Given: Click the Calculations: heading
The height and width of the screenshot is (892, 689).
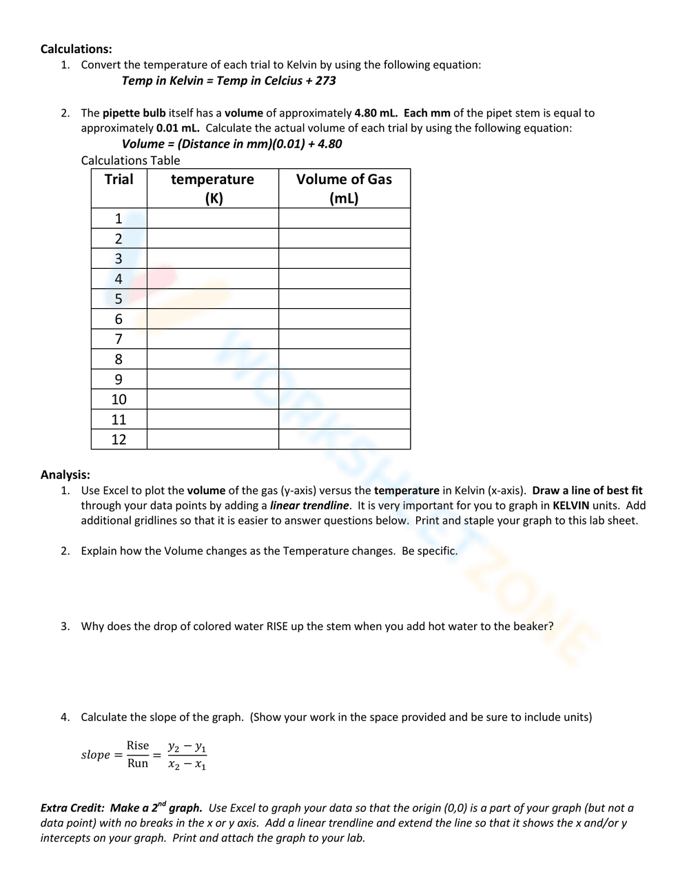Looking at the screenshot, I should [x=76, y=49].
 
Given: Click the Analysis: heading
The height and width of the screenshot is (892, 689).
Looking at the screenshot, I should [x=65, y=475].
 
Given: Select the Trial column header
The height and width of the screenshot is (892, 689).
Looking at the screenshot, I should [x=119, y=180].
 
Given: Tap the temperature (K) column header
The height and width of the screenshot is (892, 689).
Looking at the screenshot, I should [x=212, y=188].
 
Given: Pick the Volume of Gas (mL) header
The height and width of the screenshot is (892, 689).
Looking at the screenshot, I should [x=344, y=188].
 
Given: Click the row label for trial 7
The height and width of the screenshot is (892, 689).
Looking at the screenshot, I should [x=119, y=339].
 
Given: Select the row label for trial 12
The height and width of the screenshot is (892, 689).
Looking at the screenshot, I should [x=119, y=440].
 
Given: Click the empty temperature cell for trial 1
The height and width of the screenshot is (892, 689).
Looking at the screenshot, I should [x=212, y=219].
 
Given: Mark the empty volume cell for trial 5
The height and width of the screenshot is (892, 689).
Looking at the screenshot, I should [x=344, y=299].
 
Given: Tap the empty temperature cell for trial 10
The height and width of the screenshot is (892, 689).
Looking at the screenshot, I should [x=212, y=400].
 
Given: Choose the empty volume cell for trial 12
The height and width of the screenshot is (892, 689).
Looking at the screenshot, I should [x=344, y=440].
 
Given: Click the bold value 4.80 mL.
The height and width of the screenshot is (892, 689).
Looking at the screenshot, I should [x=376, y=113].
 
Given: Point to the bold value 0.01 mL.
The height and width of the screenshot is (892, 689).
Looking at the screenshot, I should [x=178, y=128].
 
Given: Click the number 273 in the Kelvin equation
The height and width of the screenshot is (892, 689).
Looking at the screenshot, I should [x=325, y=81].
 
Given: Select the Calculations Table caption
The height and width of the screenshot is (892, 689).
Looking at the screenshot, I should [x=130, y=161].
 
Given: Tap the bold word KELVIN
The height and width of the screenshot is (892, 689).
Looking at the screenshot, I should [x=570, y=506].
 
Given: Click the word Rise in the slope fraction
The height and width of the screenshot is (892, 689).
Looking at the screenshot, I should [x=138, y=746].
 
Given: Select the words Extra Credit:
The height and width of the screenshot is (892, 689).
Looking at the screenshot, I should [x=72, y=808].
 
